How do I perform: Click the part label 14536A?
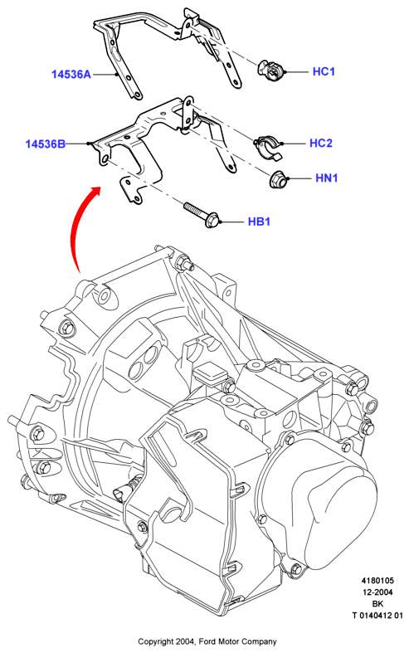tap(71, 75)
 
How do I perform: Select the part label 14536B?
tap(46, 144)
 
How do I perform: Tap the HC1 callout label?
tap(324, 71)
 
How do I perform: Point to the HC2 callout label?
tap(321, 144)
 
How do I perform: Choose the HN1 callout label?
tap(327, 178)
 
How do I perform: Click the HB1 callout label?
tap(259, 222)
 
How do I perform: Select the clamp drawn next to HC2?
tap(267, 147)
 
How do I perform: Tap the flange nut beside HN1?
tap(277, 179)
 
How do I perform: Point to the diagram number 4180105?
tap(377, 581)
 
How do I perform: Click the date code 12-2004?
tap(377, 592)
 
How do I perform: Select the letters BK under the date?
tap(377, 604)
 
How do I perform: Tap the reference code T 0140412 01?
tap(377, 616)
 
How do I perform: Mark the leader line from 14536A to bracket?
tap(105, 75)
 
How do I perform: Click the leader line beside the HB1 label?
tap(232, 222)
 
